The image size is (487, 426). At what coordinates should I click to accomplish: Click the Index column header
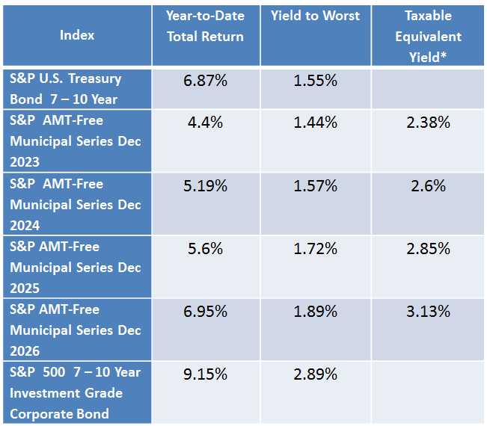(x=77, y=35)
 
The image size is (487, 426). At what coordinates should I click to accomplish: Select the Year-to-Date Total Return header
(x=205, y=26)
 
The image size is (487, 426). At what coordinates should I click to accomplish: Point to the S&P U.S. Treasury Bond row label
(x=66, y=89)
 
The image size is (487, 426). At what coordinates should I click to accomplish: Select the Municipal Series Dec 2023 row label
(x=76, y=141)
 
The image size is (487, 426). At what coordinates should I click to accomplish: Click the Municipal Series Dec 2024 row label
(x=76, y=204)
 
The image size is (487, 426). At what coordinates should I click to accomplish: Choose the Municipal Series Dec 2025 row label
(x=76, y=267)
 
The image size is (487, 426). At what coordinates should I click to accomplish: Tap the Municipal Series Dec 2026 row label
(x=76, y=330)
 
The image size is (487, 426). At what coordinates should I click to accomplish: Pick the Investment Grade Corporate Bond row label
(x=76, y=392)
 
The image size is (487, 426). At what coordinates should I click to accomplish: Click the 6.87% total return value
(x=205, y=80)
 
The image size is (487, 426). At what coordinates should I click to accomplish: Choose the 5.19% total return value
(x=205, y=185)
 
